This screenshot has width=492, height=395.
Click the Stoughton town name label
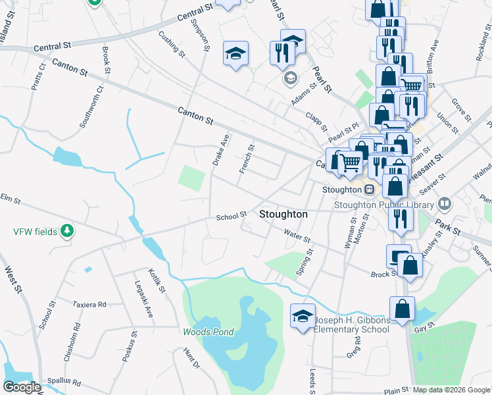283,215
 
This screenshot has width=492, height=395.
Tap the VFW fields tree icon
66,230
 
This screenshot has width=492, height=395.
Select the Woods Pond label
209,332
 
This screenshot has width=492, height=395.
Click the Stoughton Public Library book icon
445,205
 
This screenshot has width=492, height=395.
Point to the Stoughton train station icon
370,190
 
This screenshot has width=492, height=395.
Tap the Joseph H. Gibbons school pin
303,317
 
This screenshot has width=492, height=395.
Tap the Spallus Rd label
64,382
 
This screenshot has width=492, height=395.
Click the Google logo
22,387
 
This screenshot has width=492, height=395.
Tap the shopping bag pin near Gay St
402,309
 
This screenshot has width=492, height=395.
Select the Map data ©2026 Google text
451,390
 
